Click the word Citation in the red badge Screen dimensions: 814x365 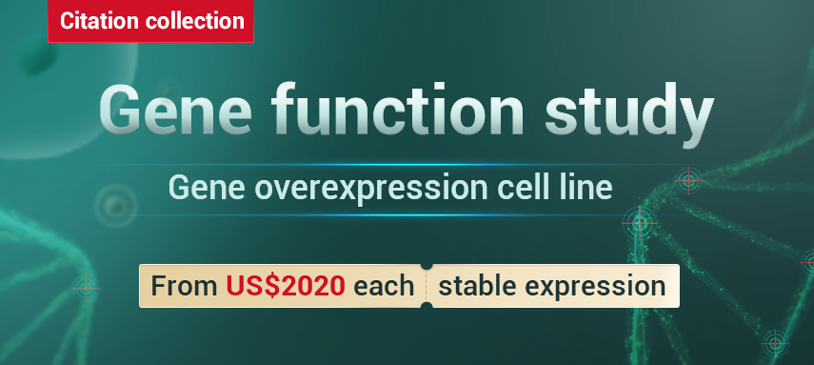[x=99, y=21]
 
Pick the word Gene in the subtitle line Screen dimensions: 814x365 [x=208, y=188]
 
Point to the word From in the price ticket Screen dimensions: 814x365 [x=185, y=286]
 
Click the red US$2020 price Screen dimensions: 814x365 [x=286, y=286]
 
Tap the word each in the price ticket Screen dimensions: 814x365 [x=384, y=286]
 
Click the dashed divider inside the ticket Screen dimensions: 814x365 [x=427, y=286]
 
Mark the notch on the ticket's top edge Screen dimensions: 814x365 [x=427, y=266]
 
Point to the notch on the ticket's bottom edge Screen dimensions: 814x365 [x=427, y=306]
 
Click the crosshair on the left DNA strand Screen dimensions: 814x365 [x=86, y=289]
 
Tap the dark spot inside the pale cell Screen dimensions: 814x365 [x=37, y=58]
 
